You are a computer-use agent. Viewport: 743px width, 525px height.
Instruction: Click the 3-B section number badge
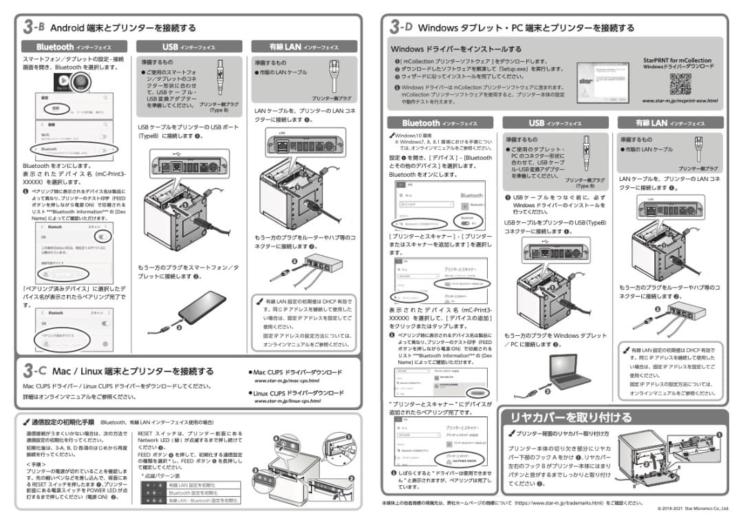coord(33,27)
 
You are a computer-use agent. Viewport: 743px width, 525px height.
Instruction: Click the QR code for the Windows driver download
coord(680,84)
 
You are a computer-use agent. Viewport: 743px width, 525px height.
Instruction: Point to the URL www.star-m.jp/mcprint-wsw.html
coord(679,101)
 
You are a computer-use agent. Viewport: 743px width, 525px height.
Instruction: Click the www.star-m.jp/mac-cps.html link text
coord(286,381)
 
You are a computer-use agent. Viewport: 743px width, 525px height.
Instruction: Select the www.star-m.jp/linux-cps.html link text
coord(288,400)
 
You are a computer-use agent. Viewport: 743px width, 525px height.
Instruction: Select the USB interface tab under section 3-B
coord(189,47)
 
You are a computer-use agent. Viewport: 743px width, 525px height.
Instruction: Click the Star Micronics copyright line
coord(692,508)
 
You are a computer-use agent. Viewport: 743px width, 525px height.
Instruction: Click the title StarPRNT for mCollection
coord(678,60)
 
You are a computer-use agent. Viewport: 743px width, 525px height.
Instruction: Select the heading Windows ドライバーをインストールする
coord(455,50)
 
